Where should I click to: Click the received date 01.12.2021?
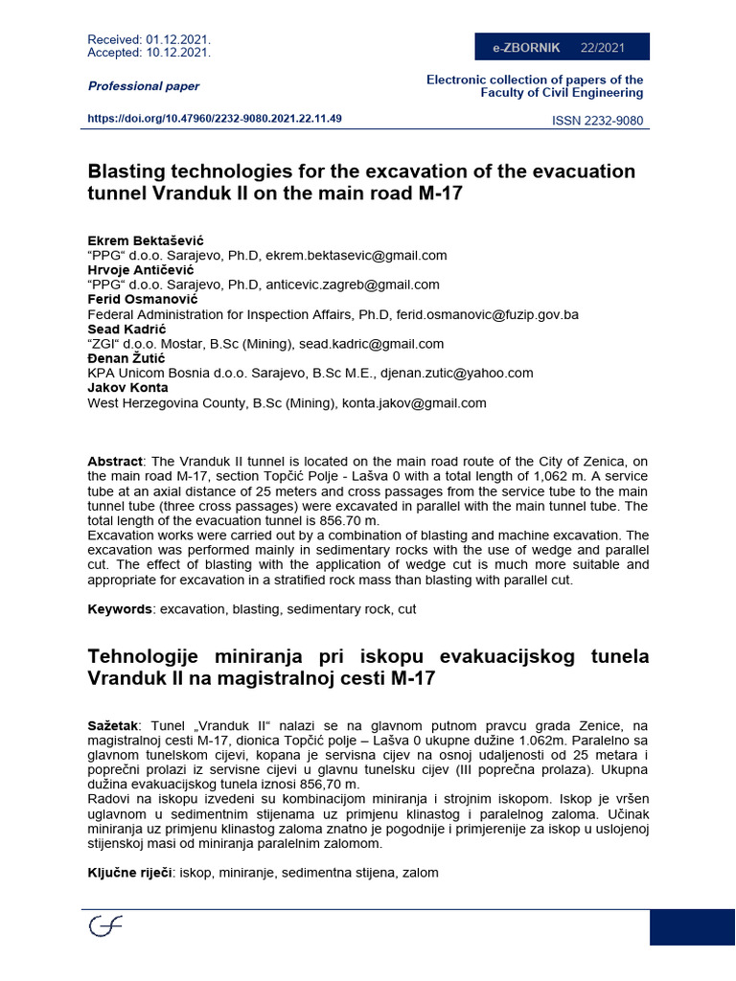tap(178, 39)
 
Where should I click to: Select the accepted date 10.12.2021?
tap(178, 53)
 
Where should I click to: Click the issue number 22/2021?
tap(602, 47)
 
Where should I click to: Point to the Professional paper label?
tap(144, 86)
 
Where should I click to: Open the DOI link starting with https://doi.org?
tap(215, 119)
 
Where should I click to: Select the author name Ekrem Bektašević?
tap(146, 240)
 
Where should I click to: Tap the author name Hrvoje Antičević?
tap(142, 270)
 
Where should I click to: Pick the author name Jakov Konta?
tap(127, 387)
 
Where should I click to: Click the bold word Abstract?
tap(115, 461)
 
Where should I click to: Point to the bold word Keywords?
tap(121, 609)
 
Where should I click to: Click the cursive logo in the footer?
tap(105, 926)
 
